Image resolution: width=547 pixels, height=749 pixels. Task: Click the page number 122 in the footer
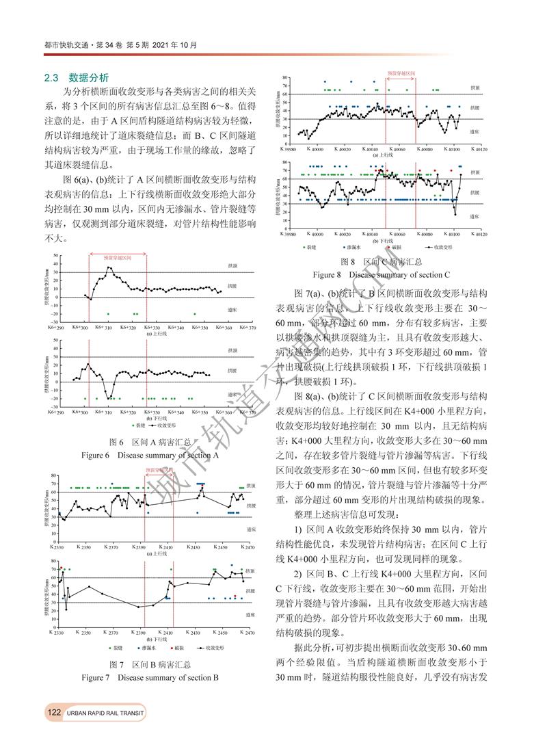[x=55, y=713]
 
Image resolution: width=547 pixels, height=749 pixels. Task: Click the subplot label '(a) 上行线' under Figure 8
[x=386, y=155]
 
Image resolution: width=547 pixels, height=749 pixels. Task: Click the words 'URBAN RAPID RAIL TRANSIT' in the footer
[x=105, y=713]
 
